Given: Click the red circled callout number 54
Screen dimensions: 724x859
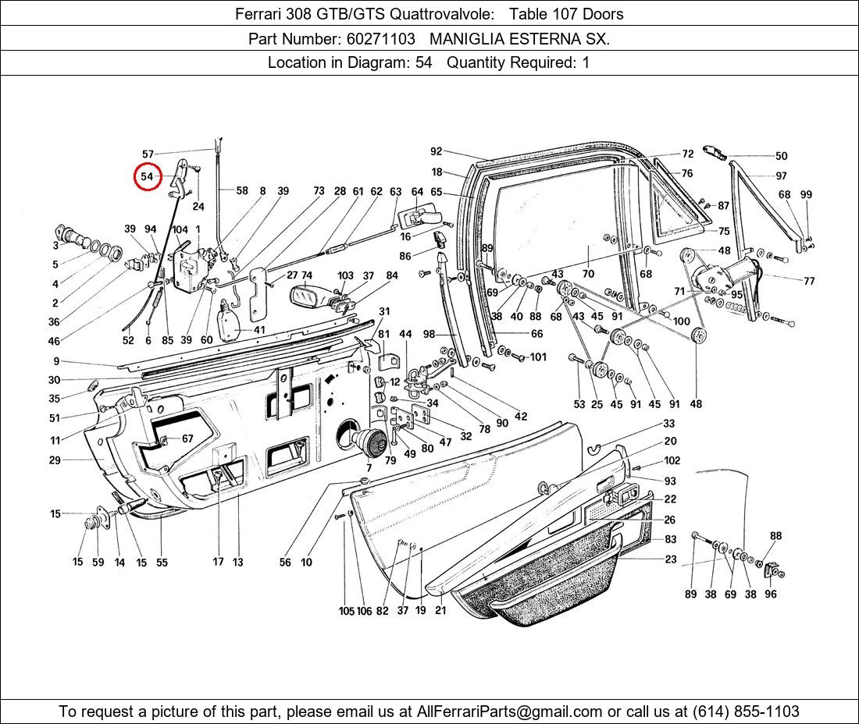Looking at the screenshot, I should pos(147,177).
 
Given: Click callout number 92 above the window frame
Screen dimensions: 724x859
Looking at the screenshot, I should pos(436,152).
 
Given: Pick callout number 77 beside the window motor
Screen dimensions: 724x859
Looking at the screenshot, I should pos(809,281).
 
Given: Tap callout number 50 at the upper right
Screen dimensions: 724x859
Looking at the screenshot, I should pos(781,156).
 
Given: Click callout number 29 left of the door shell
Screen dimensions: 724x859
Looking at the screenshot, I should pos(55,460).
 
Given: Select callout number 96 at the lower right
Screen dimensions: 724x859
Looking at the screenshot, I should pos(771,594).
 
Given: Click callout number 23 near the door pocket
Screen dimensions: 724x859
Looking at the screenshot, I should pos(671,559).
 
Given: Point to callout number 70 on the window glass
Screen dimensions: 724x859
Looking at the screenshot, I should pos(588,274).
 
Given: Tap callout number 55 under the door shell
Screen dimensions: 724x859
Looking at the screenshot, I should pos(162,562).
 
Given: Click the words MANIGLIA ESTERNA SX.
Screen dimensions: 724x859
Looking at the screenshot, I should pos(519,38).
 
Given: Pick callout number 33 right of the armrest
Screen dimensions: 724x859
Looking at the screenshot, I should pos(669,424).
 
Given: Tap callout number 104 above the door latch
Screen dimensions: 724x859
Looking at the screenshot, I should pos(180,229).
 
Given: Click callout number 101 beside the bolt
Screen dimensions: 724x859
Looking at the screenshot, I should pos(538,357).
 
